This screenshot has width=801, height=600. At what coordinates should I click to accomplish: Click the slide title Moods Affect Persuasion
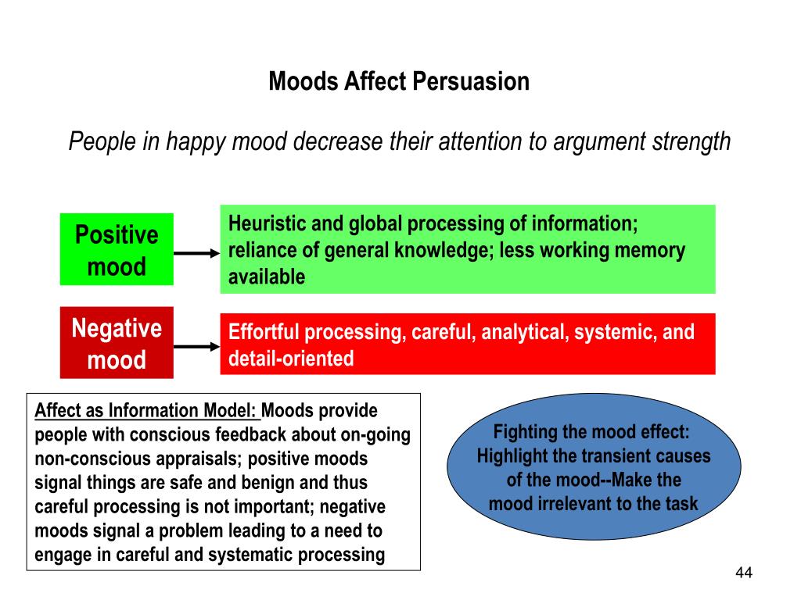pos(399,81)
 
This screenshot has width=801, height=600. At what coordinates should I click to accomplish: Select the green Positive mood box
pos(117,250)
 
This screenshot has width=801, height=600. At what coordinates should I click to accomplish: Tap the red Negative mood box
pos(117,343)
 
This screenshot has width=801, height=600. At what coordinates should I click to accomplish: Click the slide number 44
pos(743,573)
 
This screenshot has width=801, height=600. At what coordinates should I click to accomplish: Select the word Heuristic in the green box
pos(266,223)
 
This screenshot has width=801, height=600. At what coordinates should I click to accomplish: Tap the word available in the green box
pos(267,277)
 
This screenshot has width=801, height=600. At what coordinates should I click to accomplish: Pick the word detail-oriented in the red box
pos(291,359)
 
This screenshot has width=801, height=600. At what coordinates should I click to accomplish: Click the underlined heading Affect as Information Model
pos(146,411)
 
